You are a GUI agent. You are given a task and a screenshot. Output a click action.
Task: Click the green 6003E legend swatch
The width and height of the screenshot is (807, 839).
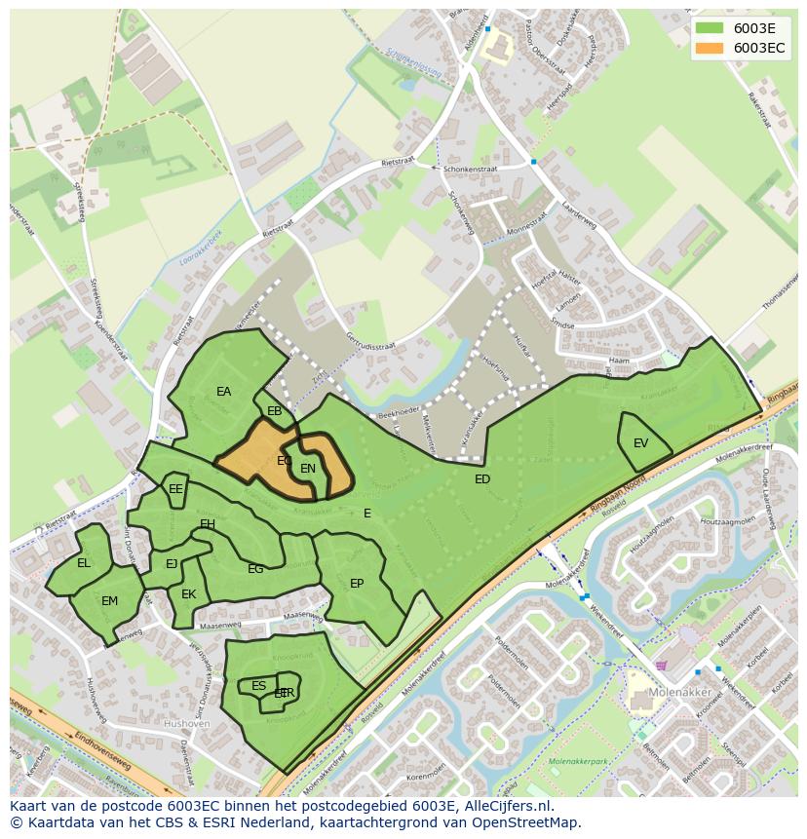pos(710,28)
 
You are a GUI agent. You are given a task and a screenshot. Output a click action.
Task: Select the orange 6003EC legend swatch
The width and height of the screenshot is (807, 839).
pos(710,48)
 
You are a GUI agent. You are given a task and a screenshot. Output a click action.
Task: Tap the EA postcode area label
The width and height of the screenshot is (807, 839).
pos(224,392)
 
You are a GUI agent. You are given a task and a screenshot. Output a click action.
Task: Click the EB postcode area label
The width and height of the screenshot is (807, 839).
pos(275,411)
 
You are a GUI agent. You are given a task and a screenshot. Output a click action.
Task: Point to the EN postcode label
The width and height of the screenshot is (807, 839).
pos(308,469)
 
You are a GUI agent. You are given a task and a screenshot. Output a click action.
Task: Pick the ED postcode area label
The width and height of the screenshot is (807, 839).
pos(482,479)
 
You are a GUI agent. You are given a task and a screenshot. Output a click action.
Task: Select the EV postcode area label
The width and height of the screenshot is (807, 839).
pos(640,443)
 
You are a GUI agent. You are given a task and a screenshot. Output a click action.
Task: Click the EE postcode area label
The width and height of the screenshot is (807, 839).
pos(175,489)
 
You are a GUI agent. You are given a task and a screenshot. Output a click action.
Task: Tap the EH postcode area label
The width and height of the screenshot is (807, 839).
pos(208,524)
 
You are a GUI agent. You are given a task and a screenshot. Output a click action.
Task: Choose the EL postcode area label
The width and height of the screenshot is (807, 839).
pos(84,563)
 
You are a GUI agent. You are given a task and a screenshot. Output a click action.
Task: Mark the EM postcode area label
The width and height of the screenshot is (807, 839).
pos(109,601)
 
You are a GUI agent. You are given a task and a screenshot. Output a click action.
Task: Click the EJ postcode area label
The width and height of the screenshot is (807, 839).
pos(172,564)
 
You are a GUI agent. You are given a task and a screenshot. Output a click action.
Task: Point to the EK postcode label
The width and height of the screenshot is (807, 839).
pos(189,594)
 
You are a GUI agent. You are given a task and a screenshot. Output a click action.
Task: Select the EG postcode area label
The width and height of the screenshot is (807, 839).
pos(255,569)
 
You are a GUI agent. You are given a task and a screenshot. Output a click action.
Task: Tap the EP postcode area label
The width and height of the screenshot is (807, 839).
pos(357,584)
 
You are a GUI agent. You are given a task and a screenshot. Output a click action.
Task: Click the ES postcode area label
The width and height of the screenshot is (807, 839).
pos(258,686)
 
